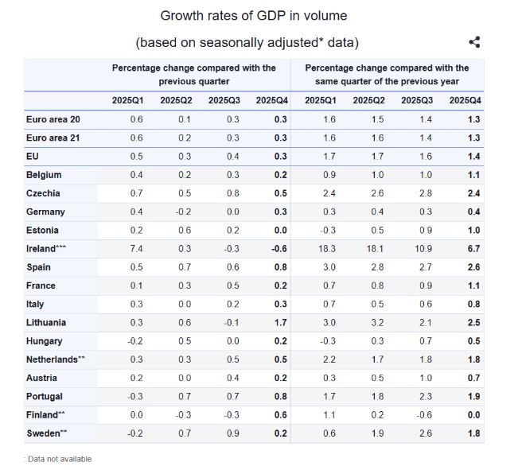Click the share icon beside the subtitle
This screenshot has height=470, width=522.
474,42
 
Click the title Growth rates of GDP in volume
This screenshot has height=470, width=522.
254,15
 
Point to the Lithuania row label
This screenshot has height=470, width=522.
46,323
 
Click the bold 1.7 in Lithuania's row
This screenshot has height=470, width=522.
279,323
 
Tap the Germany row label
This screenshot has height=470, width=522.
45,212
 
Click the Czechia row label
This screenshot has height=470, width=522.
43,193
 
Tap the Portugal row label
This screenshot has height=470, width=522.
44,396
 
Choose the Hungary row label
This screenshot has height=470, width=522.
45,341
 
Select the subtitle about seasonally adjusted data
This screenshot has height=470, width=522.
252,42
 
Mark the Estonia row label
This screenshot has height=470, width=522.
43,230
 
